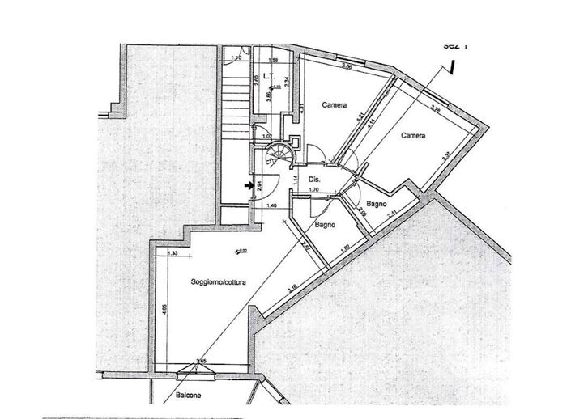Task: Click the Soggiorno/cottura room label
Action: [219, 281]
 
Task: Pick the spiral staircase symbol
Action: [282, 154]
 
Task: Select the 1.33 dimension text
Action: [173, 253]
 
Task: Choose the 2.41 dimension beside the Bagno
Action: [391, 214]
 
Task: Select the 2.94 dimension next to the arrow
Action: [259, 186]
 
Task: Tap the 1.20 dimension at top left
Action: [236, 59]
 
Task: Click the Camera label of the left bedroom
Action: [334, 105]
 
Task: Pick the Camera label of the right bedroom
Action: [413, 136]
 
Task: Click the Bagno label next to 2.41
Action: [374, 203]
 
